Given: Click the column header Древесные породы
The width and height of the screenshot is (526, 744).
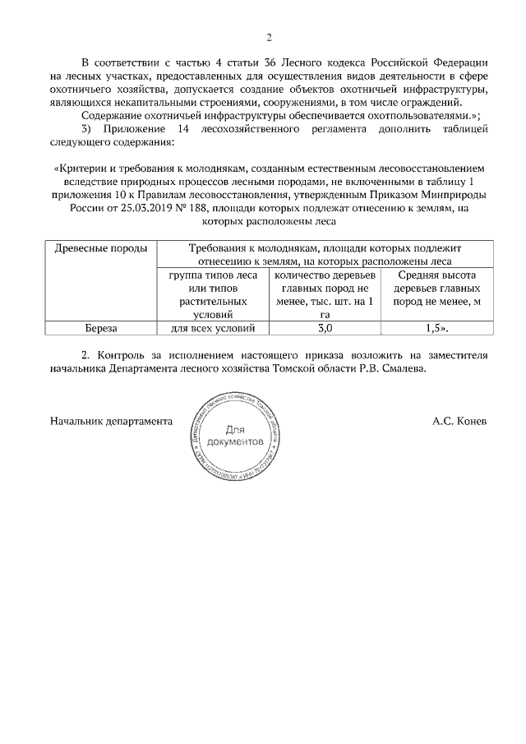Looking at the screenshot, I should (101, 248).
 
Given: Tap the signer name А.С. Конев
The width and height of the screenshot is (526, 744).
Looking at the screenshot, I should (459, 420).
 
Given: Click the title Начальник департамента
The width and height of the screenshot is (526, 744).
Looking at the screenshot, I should (111, 420).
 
